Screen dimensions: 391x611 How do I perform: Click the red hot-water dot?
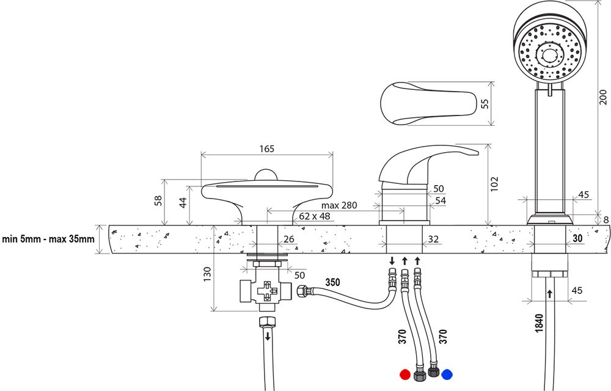[x=404, y=374]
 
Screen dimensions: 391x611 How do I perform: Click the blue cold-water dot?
[x=447, y=374]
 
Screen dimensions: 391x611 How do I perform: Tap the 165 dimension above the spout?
[x=267, y=148]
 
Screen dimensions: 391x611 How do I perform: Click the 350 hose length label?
[x=332, y=283]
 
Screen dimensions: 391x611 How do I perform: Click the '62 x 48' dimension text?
[x=314, y=216]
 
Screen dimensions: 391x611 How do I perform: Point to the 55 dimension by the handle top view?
[x=485, y=103]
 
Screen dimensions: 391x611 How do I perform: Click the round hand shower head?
[x=547, y=52]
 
